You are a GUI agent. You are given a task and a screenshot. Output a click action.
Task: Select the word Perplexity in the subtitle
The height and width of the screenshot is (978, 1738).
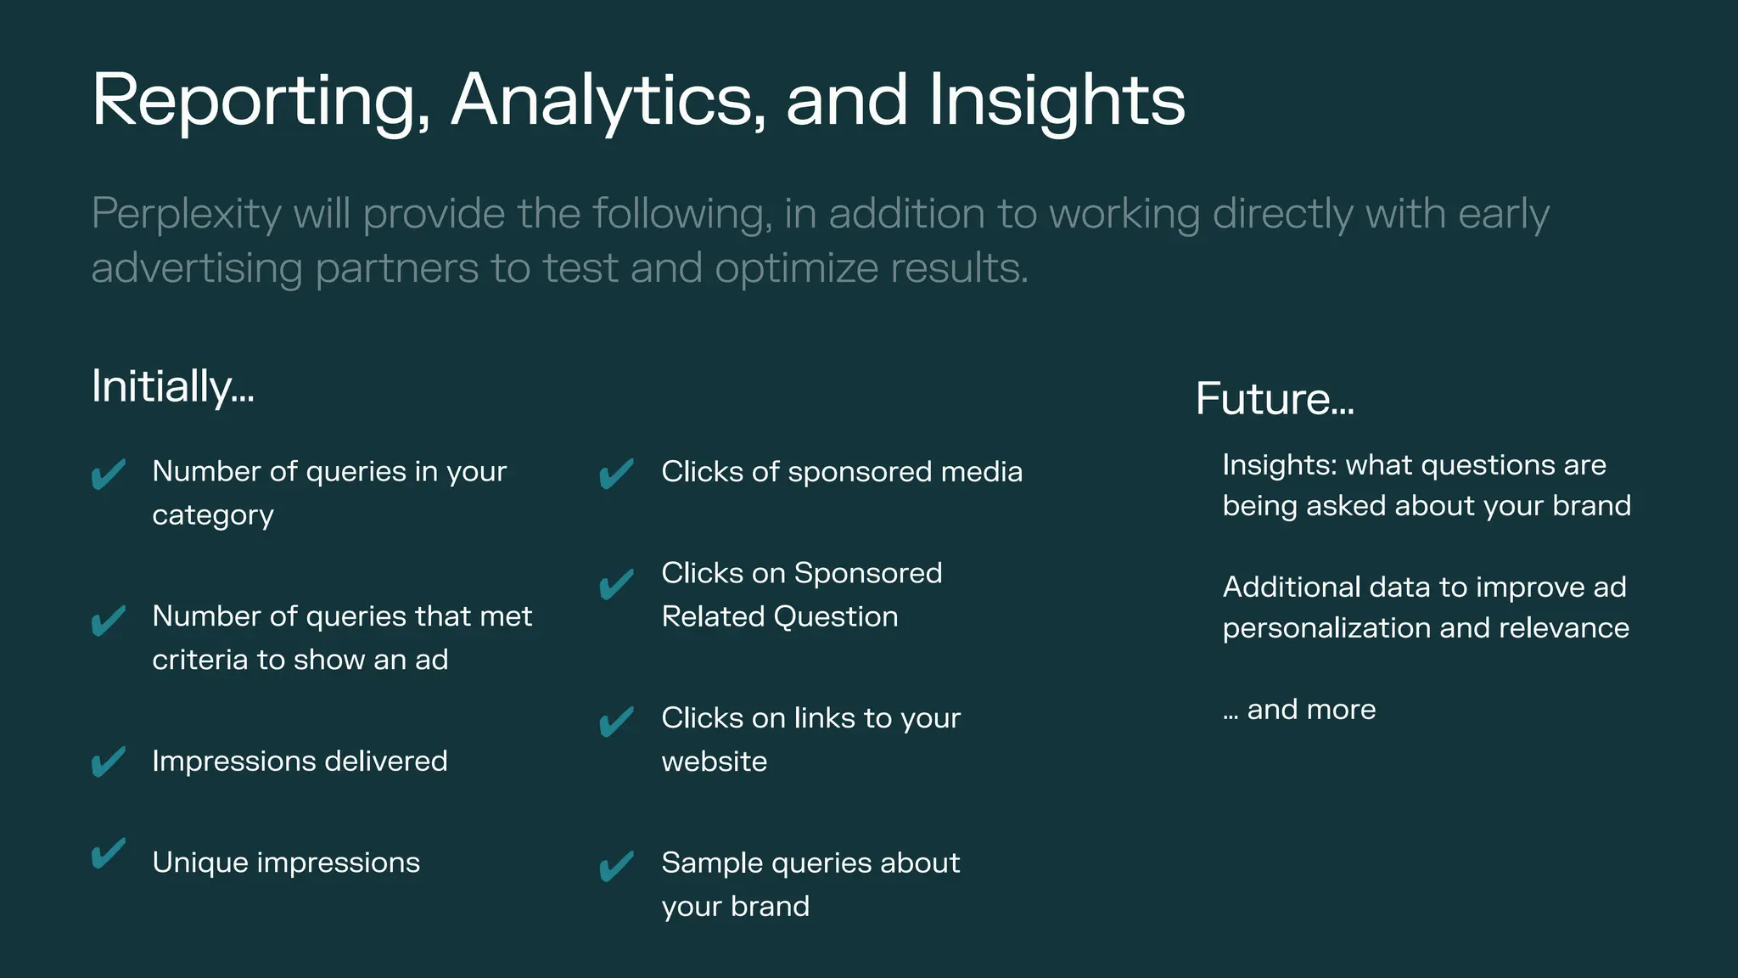(x=186, y=213)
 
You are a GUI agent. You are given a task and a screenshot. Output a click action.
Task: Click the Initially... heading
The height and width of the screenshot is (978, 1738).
(x=172, y=386)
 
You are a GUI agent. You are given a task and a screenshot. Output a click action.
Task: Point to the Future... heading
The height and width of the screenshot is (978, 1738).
(x=1274, y=398)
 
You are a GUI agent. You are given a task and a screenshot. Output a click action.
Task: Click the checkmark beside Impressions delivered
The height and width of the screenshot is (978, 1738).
(x=109, y=762)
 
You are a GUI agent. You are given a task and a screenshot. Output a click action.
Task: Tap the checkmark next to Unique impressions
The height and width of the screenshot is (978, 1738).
(x=109, y=853)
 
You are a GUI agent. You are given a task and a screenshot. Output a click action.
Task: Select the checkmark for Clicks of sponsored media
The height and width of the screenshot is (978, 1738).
(x=617, y=473)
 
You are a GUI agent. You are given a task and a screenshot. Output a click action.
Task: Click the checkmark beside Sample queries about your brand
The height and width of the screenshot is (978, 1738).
(x=617, y=865)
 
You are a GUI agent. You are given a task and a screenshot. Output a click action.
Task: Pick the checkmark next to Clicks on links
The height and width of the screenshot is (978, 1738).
(x=617, y=721)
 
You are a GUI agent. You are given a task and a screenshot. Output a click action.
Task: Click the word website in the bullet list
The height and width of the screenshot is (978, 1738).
(x=715, y=762)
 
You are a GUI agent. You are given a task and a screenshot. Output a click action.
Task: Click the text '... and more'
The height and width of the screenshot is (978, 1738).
(x=1299, y=709)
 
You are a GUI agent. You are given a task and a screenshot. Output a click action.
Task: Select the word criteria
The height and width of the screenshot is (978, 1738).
(x=199, y=660)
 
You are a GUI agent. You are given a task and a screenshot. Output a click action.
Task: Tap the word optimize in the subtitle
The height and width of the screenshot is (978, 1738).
(x=795, y=268)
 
